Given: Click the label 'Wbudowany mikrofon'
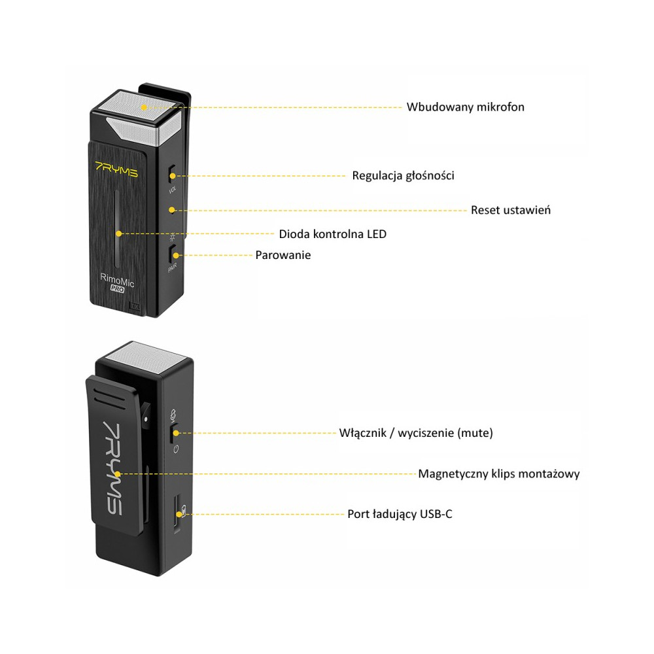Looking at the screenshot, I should coord(465,107).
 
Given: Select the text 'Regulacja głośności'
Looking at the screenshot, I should coord(403,175).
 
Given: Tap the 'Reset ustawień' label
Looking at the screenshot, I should coord(510,210).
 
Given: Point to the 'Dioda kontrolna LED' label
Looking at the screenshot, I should coord(332,233).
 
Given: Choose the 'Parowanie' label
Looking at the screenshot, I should coord(283,255).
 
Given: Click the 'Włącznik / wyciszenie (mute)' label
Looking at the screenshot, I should coord(416,433).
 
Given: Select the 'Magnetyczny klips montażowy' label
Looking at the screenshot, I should coord(498,473).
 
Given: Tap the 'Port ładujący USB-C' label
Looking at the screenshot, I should coord(400,514).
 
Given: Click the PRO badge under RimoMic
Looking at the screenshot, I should coord(117,288).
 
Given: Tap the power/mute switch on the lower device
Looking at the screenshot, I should coord(174,432).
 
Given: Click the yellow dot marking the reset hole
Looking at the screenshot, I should coord(171,210).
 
